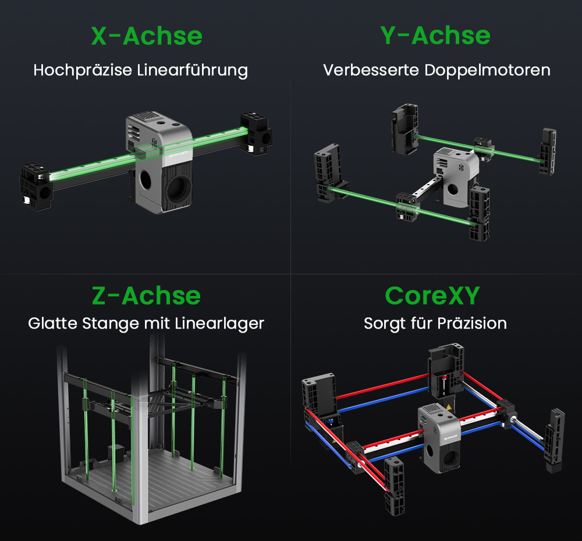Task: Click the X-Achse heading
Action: pos(147,36)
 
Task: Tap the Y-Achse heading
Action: pos(435,36)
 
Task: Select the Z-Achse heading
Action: pos(146,296)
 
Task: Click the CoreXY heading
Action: pos(432,296)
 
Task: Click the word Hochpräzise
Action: pos(83,70)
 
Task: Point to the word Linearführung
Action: pos(193,70)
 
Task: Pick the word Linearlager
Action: pos(219,323)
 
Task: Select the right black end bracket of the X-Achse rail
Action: pos(256,133)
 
